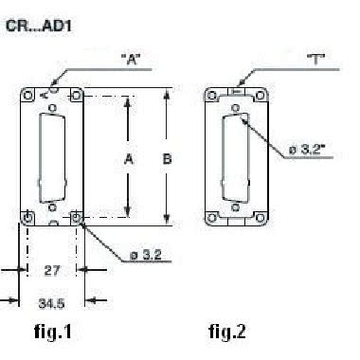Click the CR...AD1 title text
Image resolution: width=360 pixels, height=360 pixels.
[39, 26]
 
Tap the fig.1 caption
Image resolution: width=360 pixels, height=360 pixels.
[53, 332]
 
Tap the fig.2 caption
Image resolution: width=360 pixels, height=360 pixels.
[227, 332]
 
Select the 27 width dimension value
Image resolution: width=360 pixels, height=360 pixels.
[51, 271]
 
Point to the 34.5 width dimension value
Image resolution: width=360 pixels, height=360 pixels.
[51, 303]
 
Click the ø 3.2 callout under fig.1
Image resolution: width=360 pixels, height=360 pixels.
[146, 255]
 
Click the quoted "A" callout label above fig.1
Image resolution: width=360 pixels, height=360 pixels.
[132, 60]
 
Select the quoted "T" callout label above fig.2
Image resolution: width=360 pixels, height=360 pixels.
[316, 60]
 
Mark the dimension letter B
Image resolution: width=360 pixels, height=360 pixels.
[167, 158]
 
